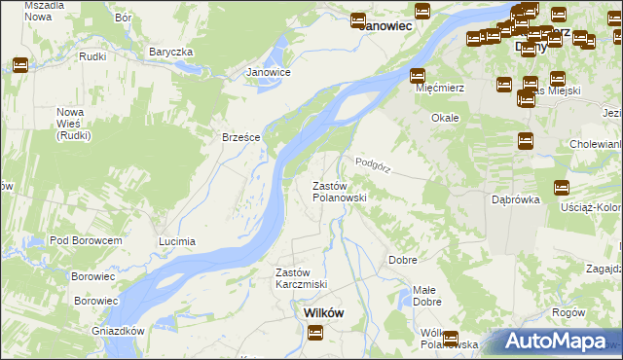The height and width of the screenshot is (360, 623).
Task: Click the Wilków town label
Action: point(316,312)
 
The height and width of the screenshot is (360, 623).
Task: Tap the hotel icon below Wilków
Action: point(315,333)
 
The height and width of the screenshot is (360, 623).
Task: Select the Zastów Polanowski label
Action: point(339,191)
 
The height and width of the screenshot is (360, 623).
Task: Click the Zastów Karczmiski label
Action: point(300,278)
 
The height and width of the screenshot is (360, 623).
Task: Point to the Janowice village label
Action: point(269,72)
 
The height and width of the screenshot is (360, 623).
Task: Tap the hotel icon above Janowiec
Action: point(358,19)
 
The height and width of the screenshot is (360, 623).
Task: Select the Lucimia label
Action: point(177,240)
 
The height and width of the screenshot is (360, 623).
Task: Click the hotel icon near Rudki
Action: point(19,65)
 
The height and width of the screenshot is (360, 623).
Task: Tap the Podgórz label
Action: point(373,163)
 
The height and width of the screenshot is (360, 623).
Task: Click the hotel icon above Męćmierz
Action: point(418,75)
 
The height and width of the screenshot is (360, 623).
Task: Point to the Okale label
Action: point(445,118)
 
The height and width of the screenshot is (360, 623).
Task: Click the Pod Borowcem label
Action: point(86,240)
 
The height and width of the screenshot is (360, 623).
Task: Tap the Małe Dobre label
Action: point(424,296)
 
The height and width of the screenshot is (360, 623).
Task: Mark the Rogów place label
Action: point(567,312)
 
